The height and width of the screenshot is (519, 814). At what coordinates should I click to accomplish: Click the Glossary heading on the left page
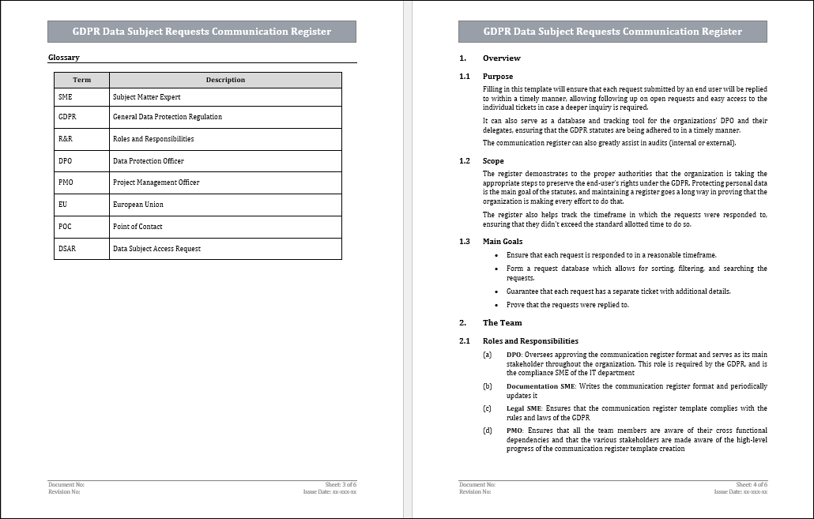(64, 58)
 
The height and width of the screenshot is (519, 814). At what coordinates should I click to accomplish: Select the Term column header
(81, 80)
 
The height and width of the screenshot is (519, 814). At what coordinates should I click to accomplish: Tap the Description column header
(225, 80)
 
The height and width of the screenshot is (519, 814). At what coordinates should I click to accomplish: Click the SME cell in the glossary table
(65, 97)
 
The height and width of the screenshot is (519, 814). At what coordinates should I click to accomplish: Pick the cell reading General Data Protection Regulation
(168, 117)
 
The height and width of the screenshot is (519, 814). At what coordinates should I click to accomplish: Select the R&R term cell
(66, 139)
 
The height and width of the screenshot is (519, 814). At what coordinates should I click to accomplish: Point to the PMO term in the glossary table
(66, 182)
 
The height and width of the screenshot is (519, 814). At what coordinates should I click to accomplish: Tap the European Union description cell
(138, 205)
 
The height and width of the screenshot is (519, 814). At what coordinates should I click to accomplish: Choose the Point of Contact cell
(138, 227)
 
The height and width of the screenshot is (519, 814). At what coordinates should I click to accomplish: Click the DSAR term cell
(67, 249)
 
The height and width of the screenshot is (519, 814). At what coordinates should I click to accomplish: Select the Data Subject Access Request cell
(156, 249)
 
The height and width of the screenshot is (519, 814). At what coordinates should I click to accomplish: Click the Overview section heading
(501, 58)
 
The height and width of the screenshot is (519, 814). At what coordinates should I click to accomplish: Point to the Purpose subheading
(498, 77)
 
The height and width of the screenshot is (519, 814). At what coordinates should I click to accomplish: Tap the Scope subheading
(493, 161)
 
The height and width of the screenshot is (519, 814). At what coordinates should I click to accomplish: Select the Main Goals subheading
(503, 242)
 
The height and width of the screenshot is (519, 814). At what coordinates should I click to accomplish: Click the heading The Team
(502, 323)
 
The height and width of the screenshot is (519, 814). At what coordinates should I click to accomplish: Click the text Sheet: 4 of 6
(752, 484)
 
